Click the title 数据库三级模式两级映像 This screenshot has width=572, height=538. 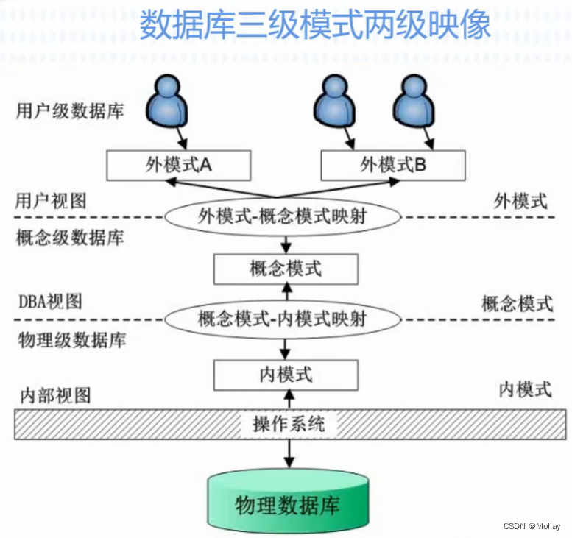(x=314, y=25)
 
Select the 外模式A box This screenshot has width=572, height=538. (x=178, y=166)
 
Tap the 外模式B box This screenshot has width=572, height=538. (x=392, y=166)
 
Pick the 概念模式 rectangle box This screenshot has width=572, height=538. (x=286, y=269)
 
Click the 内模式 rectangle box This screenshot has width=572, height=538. (x=286, y=375)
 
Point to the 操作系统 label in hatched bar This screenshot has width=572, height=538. (x=288, y=424)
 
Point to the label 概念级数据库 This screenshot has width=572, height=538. (x=71, y=238)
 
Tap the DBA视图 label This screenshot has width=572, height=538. (x=50, y=301)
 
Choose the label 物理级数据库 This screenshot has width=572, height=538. (x=71, y=340)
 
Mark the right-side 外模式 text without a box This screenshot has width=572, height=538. (x=521, y=201)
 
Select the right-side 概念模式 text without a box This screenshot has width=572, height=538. (x=517, y=302)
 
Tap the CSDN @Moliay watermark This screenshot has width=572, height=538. (x=532, y=527)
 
